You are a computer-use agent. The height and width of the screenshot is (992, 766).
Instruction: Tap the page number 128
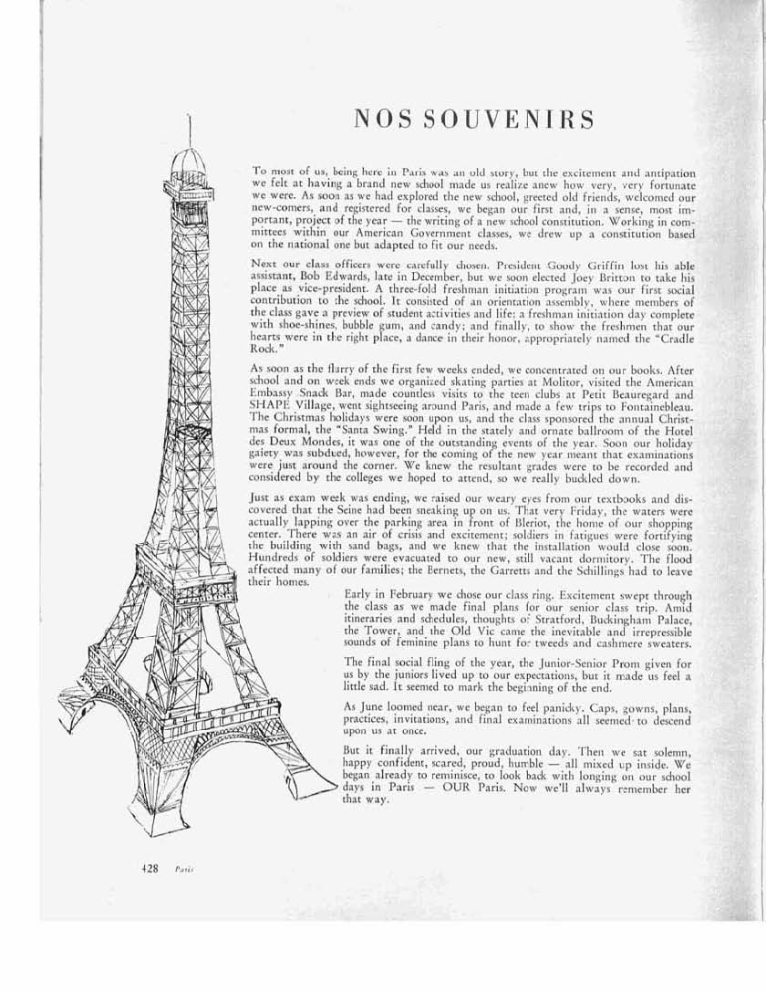138,870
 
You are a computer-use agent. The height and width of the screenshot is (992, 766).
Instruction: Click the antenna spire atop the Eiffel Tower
188,128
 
